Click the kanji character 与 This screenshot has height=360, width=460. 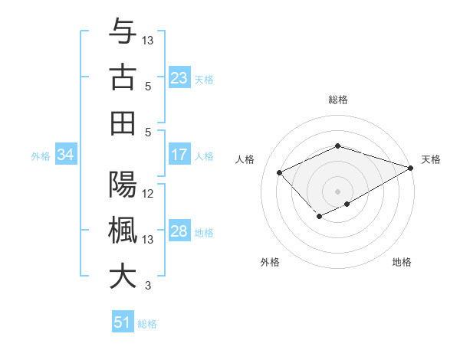coord(123,32)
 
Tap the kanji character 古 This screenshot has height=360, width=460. coord(123,77)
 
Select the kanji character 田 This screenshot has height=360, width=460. coord(123,123)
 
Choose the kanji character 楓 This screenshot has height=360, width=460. coord(123,231)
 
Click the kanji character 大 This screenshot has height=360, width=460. coord(123,277)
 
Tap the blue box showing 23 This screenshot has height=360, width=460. coord(179,78)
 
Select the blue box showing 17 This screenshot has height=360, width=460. coord(179,155)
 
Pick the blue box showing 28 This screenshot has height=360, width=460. coord(179,232)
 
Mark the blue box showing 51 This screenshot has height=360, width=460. coord(123,322)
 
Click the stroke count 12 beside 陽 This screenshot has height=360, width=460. coord(149,194)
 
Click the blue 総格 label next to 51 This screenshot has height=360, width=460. coord(147,324)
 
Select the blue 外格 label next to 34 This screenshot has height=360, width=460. coord(41,156)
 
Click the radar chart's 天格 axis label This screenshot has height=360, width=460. coord(431,159)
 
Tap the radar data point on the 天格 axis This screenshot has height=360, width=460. coord(411,167)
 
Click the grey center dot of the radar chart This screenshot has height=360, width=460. coord(337,190)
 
